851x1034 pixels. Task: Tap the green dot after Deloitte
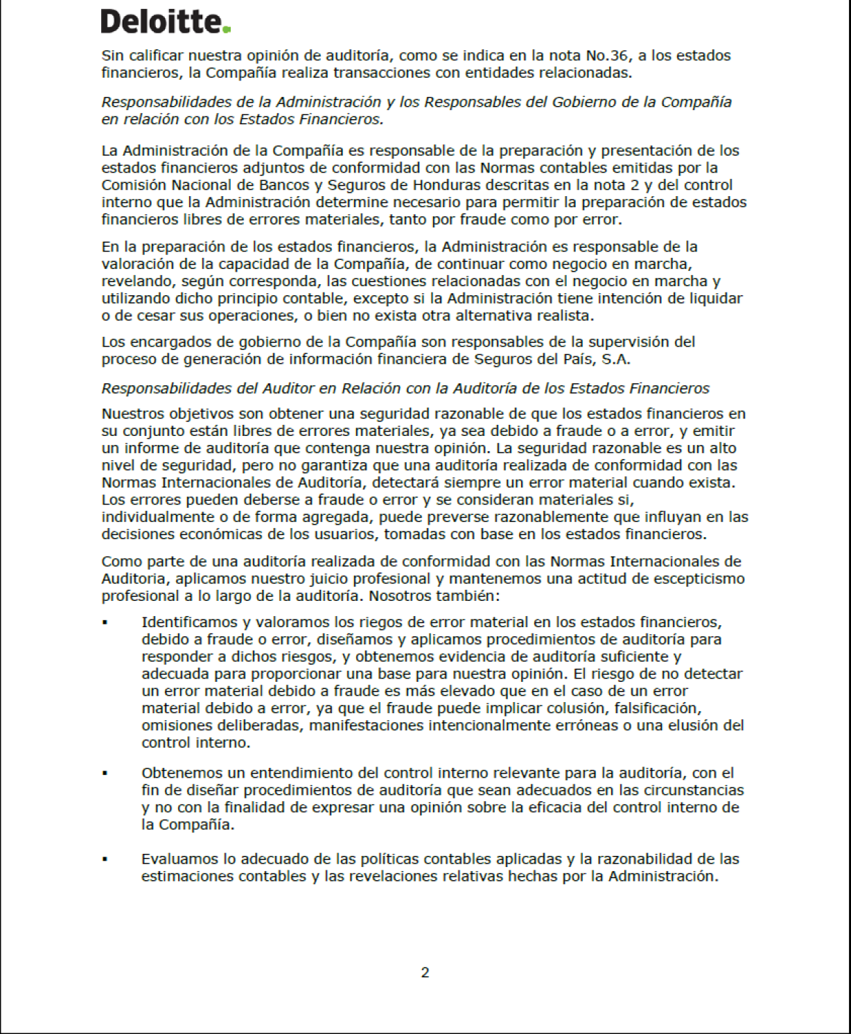pyautogui.click(x=227, y=29)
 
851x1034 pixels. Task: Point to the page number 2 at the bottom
pyautogui.click(x=425, y=972)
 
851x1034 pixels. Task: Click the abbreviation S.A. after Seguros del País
pyautogui.click(x=615, y=359)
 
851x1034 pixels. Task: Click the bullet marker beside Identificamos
pyautogui.click(x=105, y=623)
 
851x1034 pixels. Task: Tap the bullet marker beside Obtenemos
pyautogui.click(x=105, y=773)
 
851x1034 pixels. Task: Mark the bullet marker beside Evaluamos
pyautogui.click(x=105, y=859)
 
